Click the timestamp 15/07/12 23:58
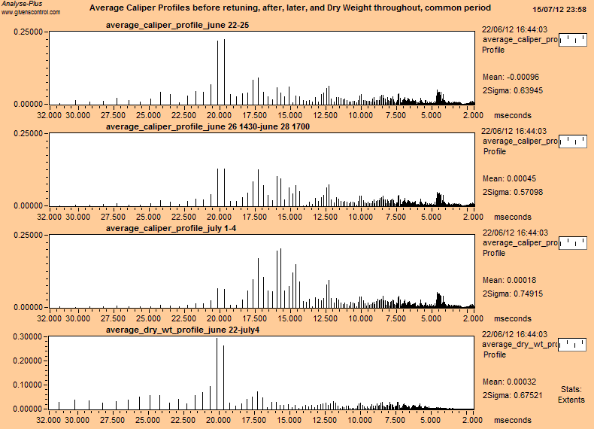[x=559, y=9]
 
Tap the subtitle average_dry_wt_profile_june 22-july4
[x=184, y=330]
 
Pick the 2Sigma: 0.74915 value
[x=512, y=294]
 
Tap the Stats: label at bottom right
[x=571, y=389]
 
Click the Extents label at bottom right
[x=571, y=400]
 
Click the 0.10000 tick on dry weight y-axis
[x=25, y=385]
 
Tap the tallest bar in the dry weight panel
[x=217, y=373]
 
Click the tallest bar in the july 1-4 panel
[x=280, y=278]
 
